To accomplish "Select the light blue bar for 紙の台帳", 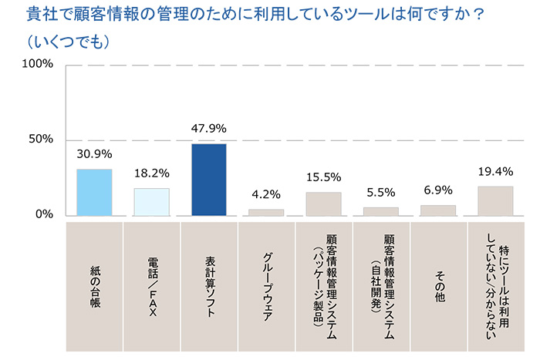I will coord(94,192).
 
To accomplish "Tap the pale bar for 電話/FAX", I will coord(151,201).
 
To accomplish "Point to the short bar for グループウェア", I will coord(266,211).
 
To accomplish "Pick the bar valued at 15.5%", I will coord(323,203).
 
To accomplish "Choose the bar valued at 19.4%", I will coord(495,200).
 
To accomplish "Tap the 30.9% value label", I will coord(94,154).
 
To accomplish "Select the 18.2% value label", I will coord(151,173).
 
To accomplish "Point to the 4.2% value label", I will coord(266,194).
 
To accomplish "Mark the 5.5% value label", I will coord(380,192).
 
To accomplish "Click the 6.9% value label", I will coord(438,190).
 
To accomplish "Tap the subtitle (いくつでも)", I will coord(65,39).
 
